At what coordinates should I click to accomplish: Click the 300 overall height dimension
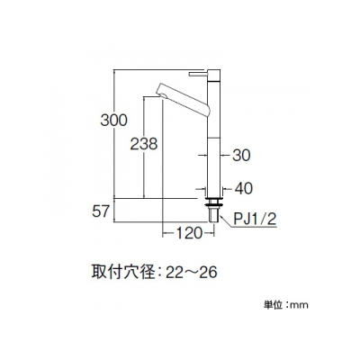[114, 121]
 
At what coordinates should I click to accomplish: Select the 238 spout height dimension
[144, 144]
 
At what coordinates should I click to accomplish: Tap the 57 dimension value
[100, 211]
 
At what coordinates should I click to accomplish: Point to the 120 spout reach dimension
[188, 233]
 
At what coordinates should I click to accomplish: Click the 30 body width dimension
[241, 156]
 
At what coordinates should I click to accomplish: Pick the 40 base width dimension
[243, 189]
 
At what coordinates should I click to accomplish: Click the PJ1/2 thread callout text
[255, 220]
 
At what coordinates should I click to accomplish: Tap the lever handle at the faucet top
[198, 74]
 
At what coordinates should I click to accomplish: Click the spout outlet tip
[161, 94]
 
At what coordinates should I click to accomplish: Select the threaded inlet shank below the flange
[214, 215]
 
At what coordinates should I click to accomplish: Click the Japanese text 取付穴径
[123, 273]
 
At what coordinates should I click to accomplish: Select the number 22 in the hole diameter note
[175, 273]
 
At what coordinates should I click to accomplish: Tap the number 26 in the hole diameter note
[208, 273]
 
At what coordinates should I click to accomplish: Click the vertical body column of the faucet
[214, 134]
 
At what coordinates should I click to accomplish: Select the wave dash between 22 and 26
[191, 273]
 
